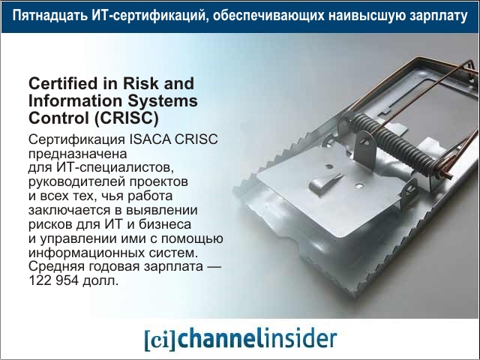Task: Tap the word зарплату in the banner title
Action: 439,16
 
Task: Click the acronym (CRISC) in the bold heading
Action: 127,118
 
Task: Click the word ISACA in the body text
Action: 150,139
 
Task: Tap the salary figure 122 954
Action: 53,280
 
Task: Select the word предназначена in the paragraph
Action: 77,154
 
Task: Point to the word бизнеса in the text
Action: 165,224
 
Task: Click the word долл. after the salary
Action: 100,280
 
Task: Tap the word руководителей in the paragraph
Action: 77,182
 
